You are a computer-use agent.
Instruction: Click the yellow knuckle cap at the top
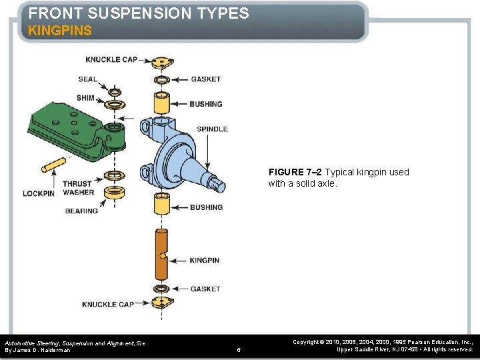coord(160,64)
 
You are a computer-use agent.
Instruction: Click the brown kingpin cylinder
coord(161,254)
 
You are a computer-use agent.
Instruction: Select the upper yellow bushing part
coord(161,103)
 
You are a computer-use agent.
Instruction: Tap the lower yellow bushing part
coord(161,204)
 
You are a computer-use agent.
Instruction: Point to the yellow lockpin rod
coord(54,164)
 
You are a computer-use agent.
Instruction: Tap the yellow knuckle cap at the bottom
coord(160,303)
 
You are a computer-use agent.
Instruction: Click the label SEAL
coord(87,79)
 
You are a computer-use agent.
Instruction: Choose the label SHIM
coord(85,98)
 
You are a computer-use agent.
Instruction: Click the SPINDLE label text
coord(212,129)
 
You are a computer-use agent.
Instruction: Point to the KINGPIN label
coord(204,260)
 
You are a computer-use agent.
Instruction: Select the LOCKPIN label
coord(38,193)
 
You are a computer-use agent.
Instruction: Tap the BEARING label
coord(81,211)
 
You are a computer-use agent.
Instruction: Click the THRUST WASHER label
coord(78,188)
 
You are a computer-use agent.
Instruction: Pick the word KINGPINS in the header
coord(60,31)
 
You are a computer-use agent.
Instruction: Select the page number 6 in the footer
coord(239,349)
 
